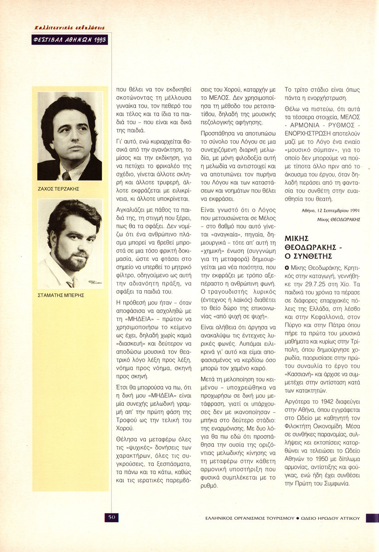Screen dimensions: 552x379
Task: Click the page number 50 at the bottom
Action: pos(112,517)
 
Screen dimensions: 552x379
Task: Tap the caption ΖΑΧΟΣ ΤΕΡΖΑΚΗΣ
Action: pos(58,189)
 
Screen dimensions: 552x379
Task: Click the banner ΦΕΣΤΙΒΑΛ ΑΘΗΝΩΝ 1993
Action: pos(70,40)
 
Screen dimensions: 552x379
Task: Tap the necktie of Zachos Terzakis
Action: pos(67,176)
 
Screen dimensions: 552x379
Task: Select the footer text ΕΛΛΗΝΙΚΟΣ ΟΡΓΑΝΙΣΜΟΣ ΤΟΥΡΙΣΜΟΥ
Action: pos(250,518)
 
